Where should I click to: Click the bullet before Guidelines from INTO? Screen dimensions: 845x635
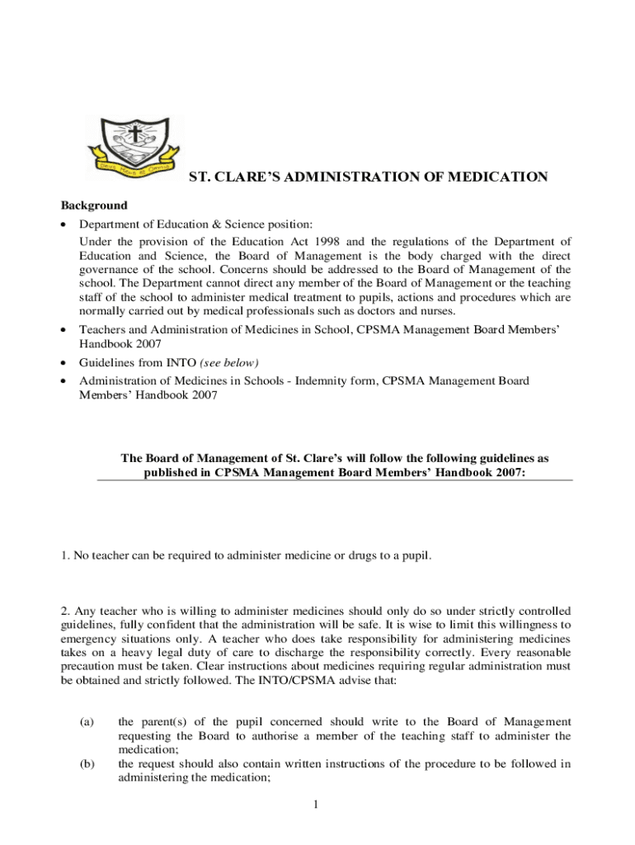tap(65, 364)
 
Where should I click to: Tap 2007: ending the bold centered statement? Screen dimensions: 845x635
tap(507, 474)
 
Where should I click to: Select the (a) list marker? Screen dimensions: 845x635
tap(87, 722)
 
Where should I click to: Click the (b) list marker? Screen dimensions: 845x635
tap(87, 764)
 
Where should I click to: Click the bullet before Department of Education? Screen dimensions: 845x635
tap(65, 224)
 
